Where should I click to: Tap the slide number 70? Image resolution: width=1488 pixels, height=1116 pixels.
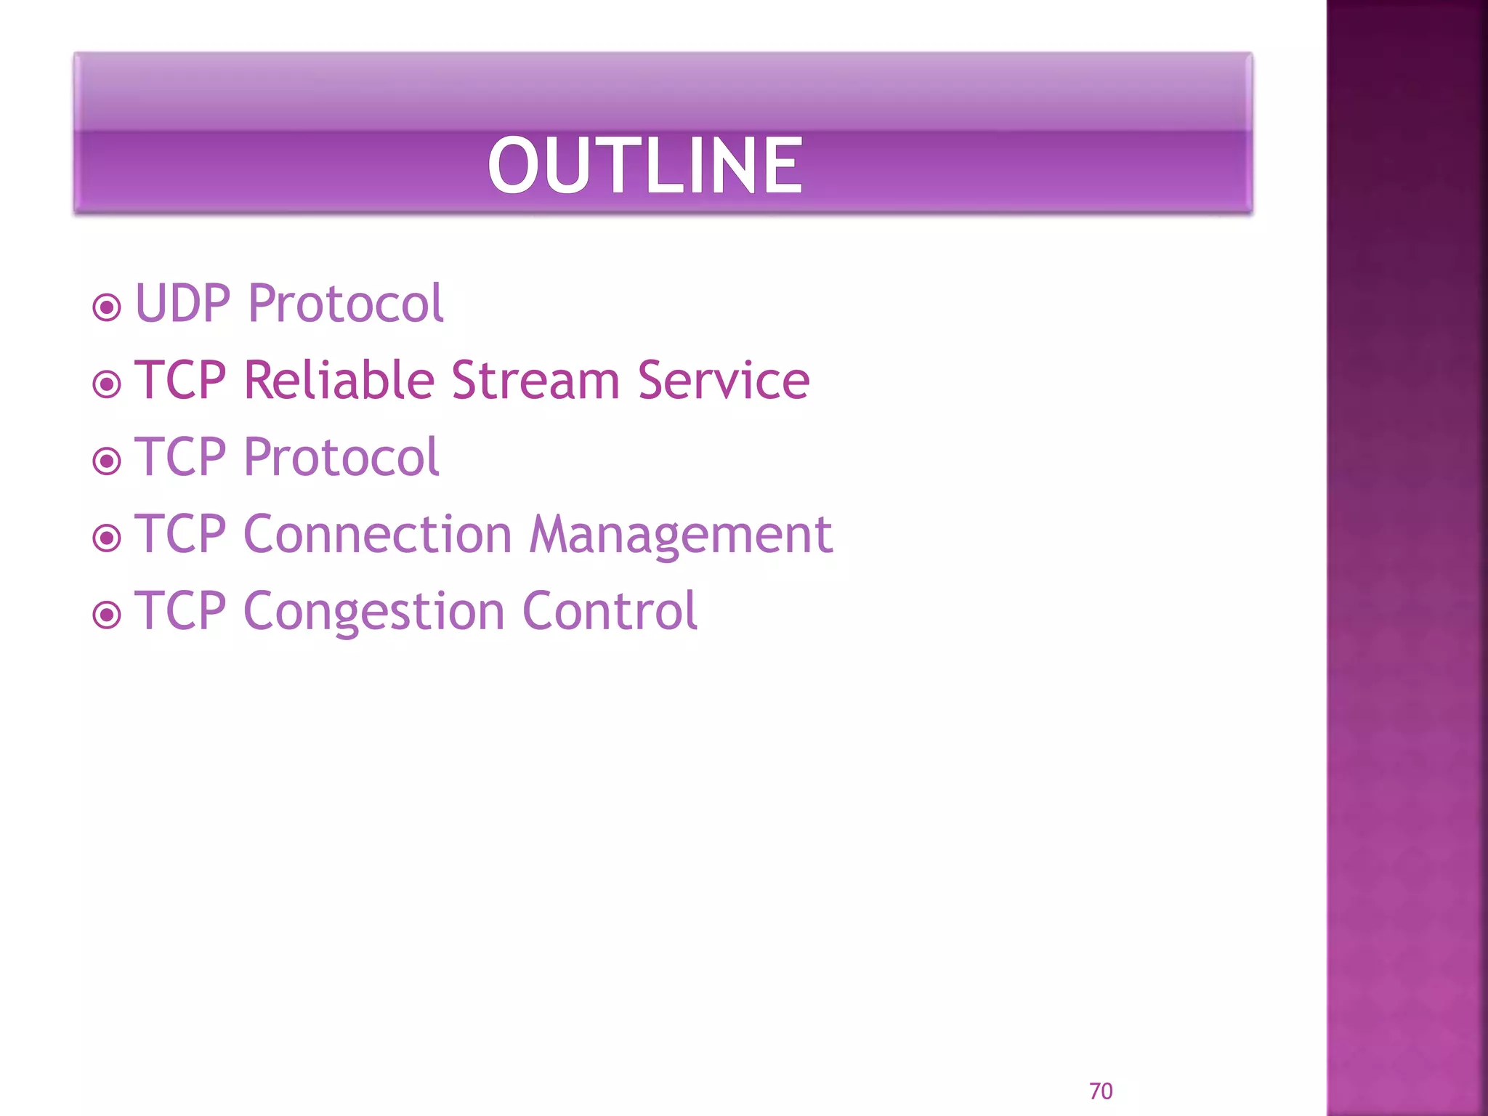1100,1091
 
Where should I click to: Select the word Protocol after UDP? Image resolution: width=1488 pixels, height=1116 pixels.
345,303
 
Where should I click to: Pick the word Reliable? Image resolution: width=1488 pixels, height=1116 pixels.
339,380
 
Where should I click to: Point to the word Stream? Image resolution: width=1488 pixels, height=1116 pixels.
535,380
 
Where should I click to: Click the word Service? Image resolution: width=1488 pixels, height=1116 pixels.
723,380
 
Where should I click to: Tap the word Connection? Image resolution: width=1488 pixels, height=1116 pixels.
378,534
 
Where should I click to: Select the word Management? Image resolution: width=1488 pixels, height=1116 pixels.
680,535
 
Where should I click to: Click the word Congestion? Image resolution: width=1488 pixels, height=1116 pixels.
373,612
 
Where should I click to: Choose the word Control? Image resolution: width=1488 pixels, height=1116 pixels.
610,611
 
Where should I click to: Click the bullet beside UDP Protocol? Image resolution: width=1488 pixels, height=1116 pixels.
107,307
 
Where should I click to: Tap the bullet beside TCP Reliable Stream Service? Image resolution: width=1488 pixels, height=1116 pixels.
107,384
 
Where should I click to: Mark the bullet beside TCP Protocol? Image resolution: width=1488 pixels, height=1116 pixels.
107,461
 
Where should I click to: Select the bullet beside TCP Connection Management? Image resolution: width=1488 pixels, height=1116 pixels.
107,538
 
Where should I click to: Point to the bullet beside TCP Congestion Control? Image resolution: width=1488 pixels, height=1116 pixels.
107,615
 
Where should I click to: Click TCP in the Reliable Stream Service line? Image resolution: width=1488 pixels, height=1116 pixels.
181,380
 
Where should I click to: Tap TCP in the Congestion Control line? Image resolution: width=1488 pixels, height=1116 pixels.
181,611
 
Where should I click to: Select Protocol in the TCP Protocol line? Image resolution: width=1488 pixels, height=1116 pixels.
341,457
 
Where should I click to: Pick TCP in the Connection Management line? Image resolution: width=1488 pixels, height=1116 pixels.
181,534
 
